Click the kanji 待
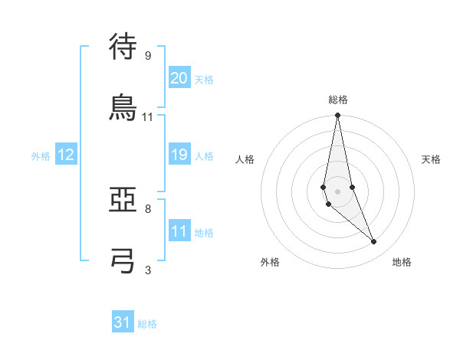coord(123,47)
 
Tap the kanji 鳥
coord(123,106)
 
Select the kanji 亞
coord(123,201)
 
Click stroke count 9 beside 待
coord(147,56)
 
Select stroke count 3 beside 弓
coord(147,270)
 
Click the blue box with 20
coord(179,78)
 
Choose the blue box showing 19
coord(179,155)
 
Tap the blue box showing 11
coord(179,231)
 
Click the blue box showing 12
coord(66,155)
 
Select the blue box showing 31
coord(123,322)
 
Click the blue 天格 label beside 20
coord(204,80)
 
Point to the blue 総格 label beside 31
coord(147,324)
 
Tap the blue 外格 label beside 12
coord(41,156)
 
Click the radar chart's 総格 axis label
coord(338,100)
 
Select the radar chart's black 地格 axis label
coord(402,263)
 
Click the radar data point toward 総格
coord(337,116)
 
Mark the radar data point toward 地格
coord(374,242)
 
